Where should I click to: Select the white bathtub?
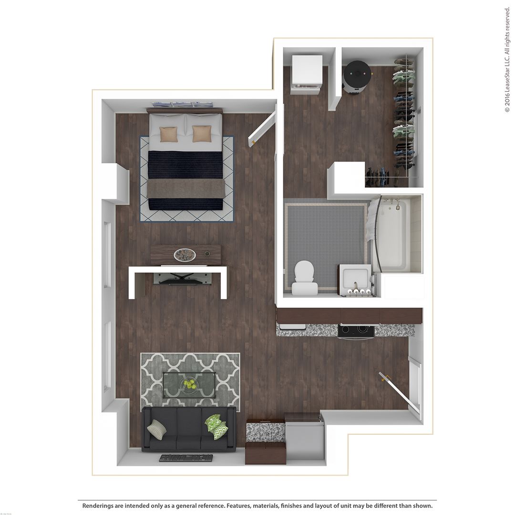tap(393, 234)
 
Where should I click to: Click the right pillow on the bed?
tap(202, 134)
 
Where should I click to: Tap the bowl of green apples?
tap(190, 383)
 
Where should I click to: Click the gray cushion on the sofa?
tap(156, 430)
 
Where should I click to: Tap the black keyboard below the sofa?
tap(186, 458)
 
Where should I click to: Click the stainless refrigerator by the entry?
tap(304, 437)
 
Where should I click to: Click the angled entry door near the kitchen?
tap(395, 389)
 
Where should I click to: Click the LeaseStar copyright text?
tap(507, 60)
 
